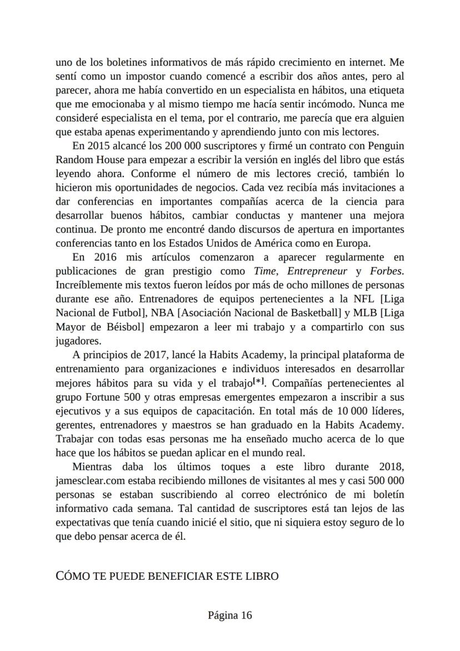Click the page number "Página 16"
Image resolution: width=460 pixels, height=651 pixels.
click(230, 615)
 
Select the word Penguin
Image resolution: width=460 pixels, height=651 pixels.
click(383, 146)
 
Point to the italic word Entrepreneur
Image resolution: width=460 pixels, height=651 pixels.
click(317, 271)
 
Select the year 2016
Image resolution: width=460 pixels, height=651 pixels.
click(102, 257)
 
